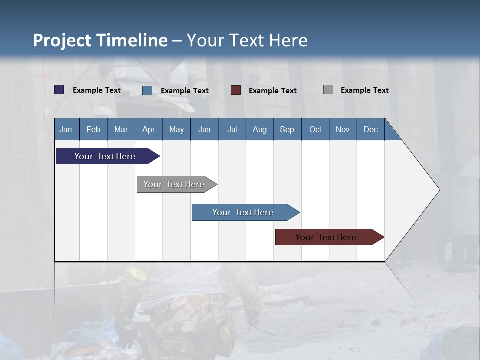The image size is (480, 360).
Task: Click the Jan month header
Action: click(x=66, y=129)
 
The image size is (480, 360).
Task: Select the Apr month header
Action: click(x=148, y=129)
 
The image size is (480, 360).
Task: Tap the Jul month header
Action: click(x=232, y=129)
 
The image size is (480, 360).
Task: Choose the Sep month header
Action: click(x=287, y=129)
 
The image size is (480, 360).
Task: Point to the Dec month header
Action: click(x=370, y=129)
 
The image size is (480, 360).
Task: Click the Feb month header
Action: click(x=93, y=129)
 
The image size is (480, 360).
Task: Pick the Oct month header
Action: click(x=315, y=129)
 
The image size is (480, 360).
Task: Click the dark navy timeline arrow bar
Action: click(x=105, y=156)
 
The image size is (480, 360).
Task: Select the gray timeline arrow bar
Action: click(x=174, y=184)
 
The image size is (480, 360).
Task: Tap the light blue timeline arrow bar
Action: click(x=243, y=212)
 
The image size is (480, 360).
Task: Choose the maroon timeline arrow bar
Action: click(x=326, y=237)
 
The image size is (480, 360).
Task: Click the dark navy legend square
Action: click(x=59, y=90)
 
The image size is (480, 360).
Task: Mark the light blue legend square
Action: click(x=147, y=90)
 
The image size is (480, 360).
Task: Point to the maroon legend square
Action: click(x=236, y=90)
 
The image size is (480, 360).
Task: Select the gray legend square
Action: click(x=328, y=90)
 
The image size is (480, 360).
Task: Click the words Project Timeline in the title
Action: click(x=100, y=40)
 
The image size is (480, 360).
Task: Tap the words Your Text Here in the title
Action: click(x=247, y=40)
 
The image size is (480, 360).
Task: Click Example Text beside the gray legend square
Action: click(x=364, y=90)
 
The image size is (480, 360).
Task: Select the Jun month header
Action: click(x=204, y=129)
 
